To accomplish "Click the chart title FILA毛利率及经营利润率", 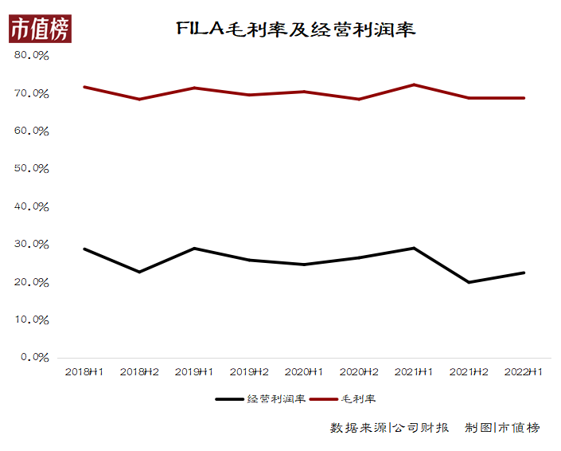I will coord(295,30).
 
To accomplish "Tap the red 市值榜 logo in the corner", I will coord(40,29).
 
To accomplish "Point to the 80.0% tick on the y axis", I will coord(32,56).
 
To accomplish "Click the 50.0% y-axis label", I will coord(32,169).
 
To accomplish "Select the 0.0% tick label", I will coord(34,357).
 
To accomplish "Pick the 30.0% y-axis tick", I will coord(32,245).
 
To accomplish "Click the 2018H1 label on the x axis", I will coord(84,372).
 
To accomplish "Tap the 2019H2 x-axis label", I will coord(249,372).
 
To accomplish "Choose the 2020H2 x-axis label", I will coord(359,372).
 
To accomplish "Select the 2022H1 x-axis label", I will coord(524,372).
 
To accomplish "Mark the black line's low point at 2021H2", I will coord(469,282).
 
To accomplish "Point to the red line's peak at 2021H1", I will coord(414,84).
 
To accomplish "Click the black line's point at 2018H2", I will coord(138,272).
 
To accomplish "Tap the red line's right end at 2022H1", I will coord(524,98).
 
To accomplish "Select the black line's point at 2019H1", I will coord(193,248).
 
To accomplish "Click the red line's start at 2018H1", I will coord(84,87).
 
